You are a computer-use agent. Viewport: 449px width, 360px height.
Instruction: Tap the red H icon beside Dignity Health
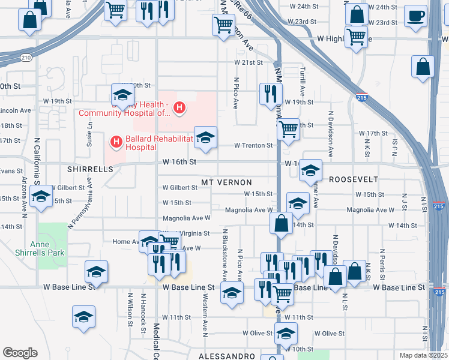(178, 108)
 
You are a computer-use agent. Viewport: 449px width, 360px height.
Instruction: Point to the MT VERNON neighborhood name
(226, 181)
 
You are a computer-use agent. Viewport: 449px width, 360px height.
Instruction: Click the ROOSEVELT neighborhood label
(354, 179)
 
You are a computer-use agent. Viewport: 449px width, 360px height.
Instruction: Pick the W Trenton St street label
(253, 145)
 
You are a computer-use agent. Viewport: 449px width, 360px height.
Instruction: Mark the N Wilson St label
(130, 310)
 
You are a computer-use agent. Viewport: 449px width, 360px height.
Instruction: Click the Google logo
(20, 353)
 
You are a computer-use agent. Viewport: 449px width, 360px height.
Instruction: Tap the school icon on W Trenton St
(205, 137)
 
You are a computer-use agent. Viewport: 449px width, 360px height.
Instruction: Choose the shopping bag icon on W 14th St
(282, 224)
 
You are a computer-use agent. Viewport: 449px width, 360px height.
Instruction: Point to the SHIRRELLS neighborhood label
(90, 169)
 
